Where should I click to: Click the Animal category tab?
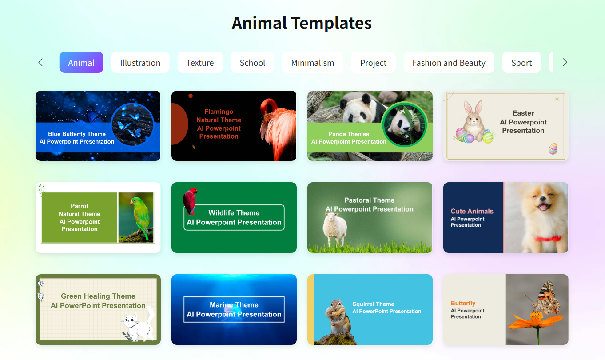tap(81, 63)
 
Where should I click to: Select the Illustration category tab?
tap(140, 63)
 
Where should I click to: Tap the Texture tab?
tap(200, 63)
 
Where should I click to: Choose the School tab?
tap(252, 63)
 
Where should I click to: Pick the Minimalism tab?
tap(312, 63)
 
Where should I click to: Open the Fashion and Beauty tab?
tap(449, 63)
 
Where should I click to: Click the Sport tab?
tap(521, 63)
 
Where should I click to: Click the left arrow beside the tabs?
tap(40, 63)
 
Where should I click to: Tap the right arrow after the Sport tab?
tap(565, 63)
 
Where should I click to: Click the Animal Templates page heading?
tap(302, 23)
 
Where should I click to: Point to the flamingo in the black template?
tap(276, 129)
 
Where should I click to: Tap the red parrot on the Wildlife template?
tap(190, 200)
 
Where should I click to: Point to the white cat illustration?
tap(138, 324)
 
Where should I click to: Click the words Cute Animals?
tap(472, 212)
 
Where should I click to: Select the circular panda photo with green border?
tap(404, 124)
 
